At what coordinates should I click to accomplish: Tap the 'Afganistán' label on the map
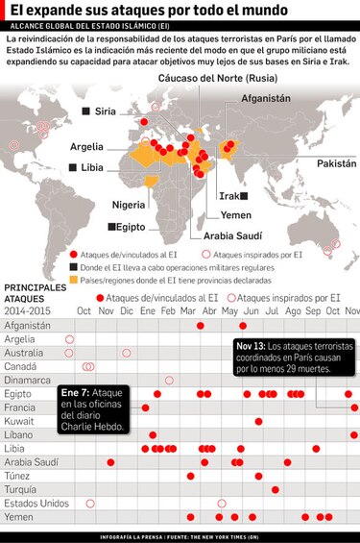point(264,125)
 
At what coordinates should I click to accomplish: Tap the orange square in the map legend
point(73,281)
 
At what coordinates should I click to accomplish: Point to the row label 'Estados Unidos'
point(36,503)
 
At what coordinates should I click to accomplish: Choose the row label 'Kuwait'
point(21,421)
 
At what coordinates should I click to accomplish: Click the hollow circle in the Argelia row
point(70,339)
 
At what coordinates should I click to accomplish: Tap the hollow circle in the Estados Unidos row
point(90,503)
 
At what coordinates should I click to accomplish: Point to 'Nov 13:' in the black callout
point(250,345)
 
